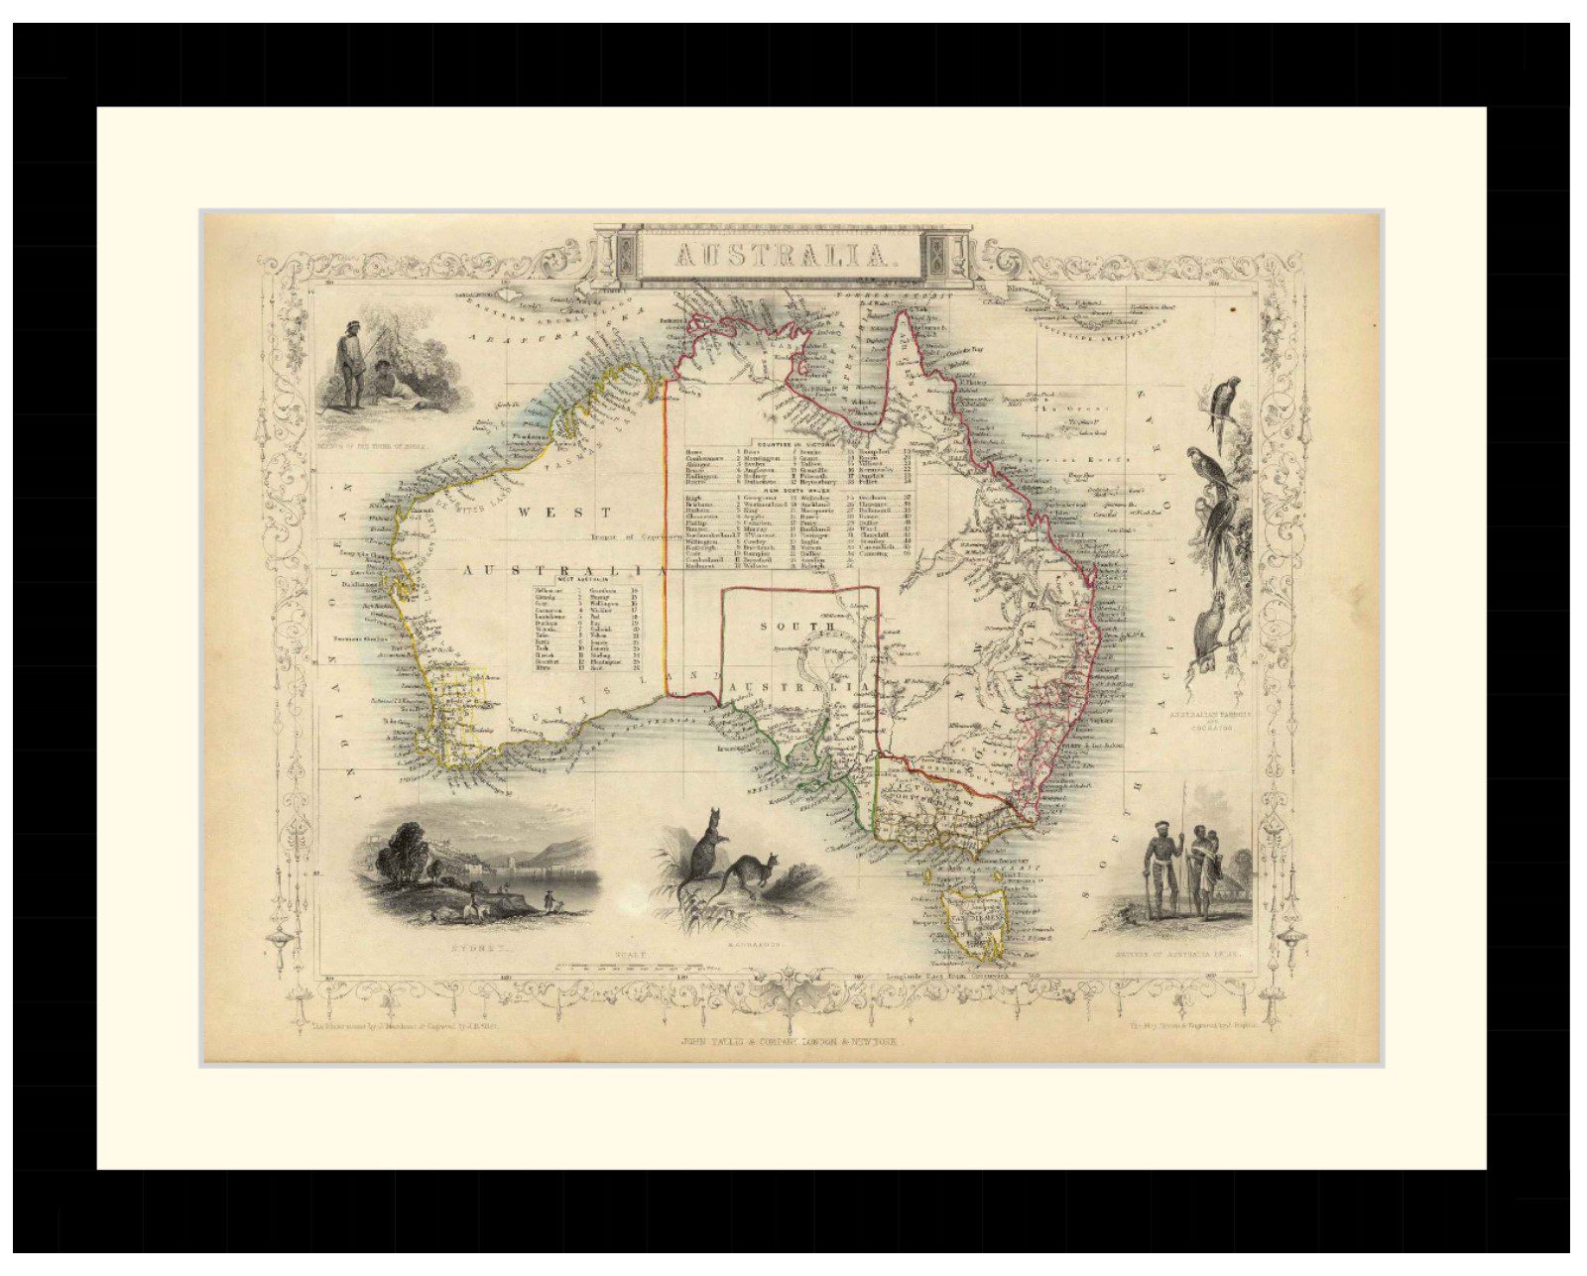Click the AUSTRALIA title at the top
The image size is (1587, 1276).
tap(782, 256)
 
